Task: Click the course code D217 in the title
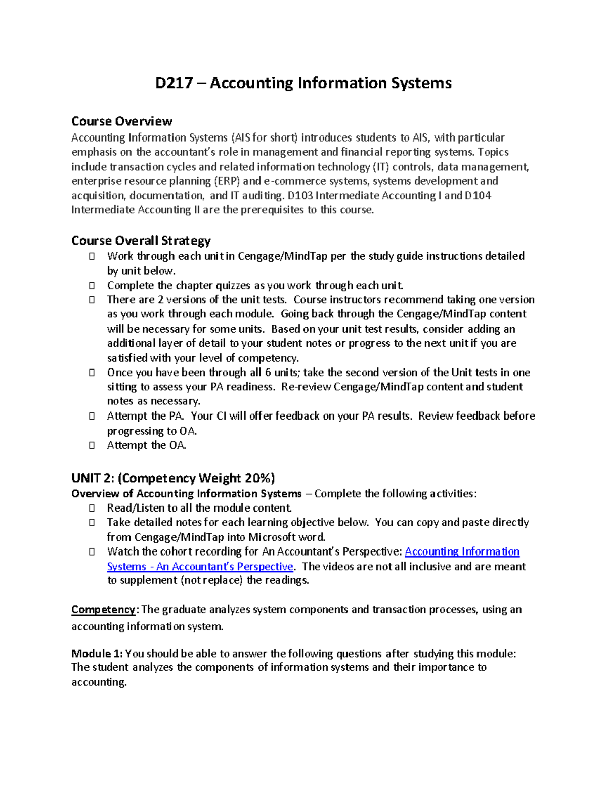point(174,83)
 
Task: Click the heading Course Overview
point(121,121)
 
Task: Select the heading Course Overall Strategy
point(141,240)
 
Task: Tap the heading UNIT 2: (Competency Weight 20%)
point(173,478)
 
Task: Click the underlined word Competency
point(103,610)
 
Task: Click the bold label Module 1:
point(97,654)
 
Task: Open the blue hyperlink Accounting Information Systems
point(462,551)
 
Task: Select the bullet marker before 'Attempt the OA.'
point(92,445)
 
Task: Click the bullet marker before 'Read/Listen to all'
point(92,508)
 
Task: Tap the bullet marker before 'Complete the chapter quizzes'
point(92,286)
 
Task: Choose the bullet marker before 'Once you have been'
point(92,373)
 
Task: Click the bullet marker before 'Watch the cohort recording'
point(92,551)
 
